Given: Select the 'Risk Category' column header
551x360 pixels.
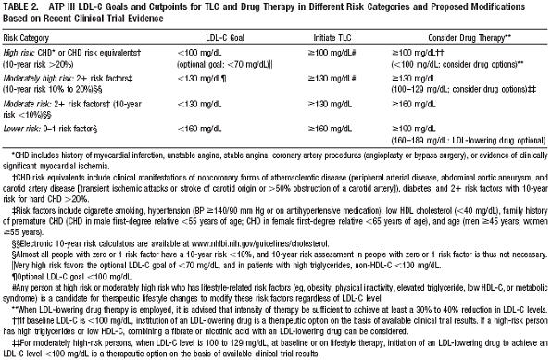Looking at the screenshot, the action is pyautogui.click(x=28, y=40).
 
